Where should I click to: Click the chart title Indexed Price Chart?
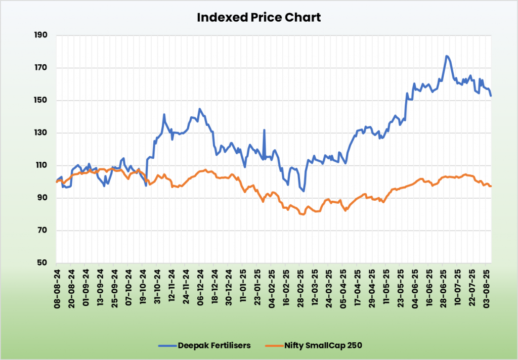tap(258, 17)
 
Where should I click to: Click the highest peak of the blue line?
tap(447, 56)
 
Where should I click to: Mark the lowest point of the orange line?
tap(303, 214)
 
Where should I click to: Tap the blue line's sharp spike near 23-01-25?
tap(264, 130)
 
